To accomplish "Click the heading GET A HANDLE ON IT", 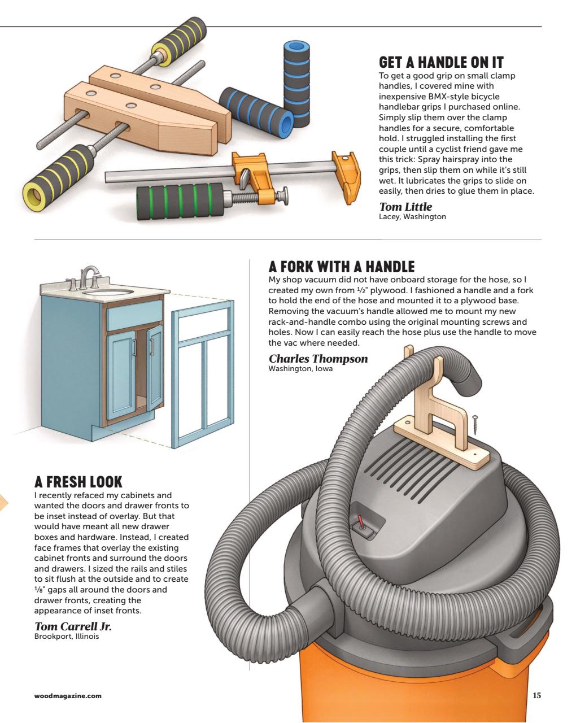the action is click(441, 63).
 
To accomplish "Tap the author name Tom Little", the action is click(405, 207).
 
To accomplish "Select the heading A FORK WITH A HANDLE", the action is click(341, 267).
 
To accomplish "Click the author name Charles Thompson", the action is click(318, 359).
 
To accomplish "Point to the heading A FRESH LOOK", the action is click(78, 482).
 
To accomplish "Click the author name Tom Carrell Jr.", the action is click(73, 626).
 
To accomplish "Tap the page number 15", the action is click(536, 695).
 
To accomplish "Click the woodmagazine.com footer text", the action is click(68, 696).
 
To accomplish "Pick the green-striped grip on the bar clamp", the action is click(180, 201).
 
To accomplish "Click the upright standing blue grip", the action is click(296, 84).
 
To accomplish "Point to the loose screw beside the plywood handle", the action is click(475, 426).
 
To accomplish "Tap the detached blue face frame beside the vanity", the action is click(203, 374).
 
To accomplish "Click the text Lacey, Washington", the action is click(412, 217).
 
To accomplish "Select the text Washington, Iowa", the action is click(300, 368).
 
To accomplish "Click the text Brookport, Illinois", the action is click(67, 637).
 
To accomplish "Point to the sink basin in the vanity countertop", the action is click(108, 292).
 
